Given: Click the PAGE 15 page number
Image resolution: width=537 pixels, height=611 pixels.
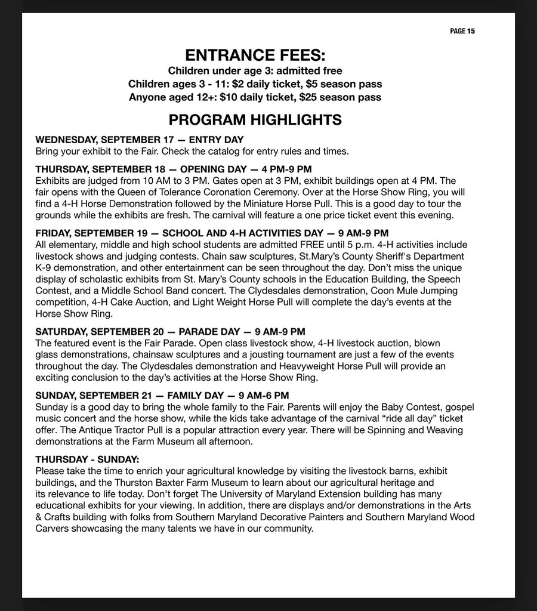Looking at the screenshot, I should [x=462, y=31].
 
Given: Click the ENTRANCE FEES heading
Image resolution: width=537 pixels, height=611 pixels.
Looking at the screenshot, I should [x=255, y=55].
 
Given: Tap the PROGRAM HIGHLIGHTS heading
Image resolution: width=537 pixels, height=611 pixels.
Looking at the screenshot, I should [x=255, y=119].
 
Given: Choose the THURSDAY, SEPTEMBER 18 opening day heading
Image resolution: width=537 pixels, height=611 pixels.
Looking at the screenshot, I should [x=173, y=169].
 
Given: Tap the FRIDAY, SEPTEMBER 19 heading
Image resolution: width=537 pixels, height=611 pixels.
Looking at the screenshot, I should [x=212, y=233].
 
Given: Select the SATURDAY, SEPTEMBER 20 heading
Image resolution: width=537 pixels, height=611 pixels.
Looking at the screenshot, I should [x=170, y=331].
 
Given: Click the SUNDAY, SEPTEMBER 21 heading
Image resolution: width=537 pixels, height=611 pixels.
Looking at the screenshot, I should [x=162, y=395].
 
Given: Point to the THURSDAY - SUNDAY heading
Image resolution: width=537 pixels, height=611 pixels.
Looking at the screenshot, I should [x=87, y=459].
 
